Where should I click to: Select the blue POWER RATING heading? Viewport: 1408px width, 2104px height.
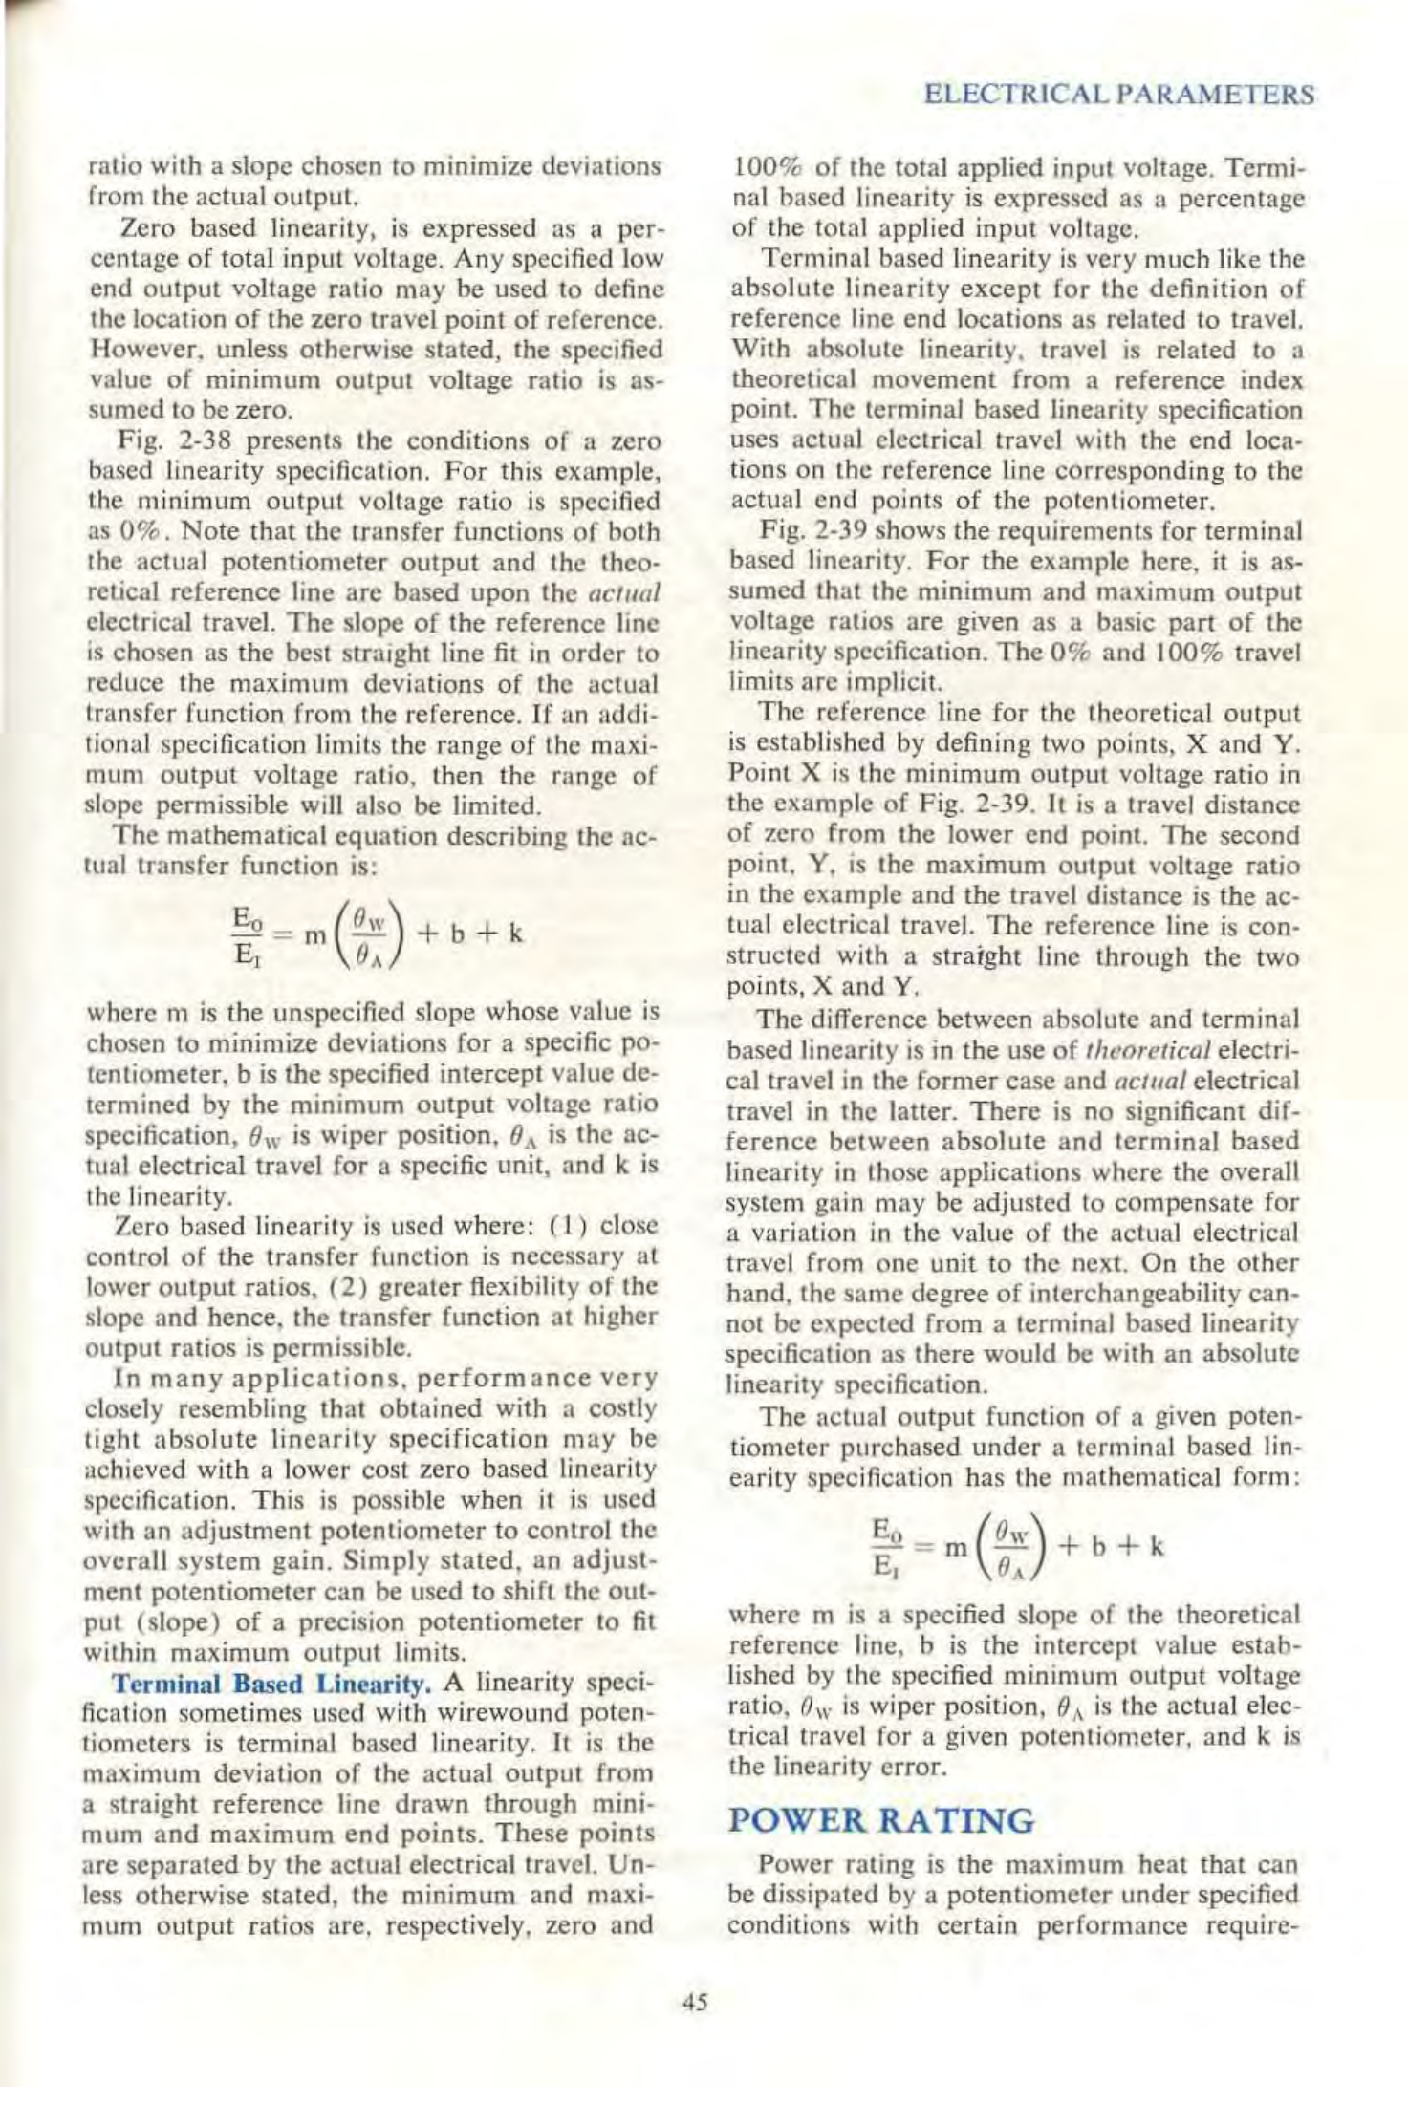coord(880,1820)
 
